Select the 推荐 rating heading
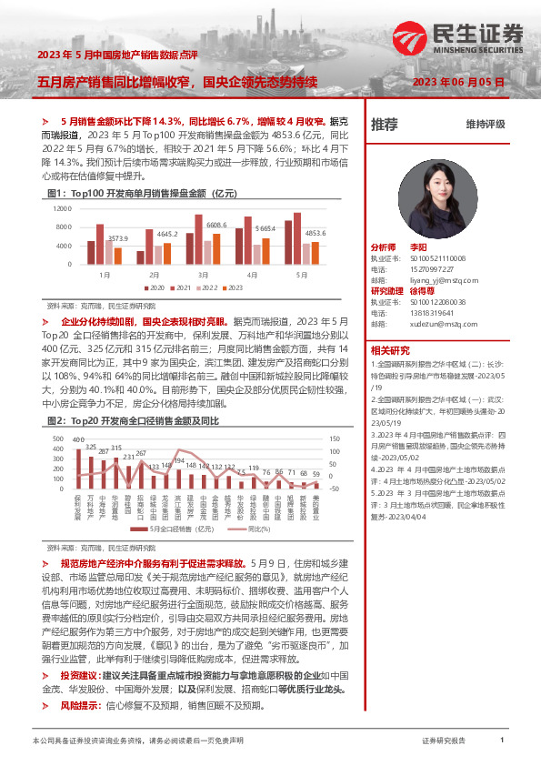pyautogui.click(x=386, y=125)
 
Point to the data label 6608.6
pyautogui.click(x=215, y=225)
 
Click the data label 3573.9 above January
pyautogui.click(x=117, y=238)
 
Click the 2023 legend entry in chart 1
pyautogui.click(x=232, y=288)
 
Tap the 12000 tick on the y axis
pyautogui.click(x=63, y=208)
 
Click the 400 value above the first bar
pyautogui.click(x=79, y=440)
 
